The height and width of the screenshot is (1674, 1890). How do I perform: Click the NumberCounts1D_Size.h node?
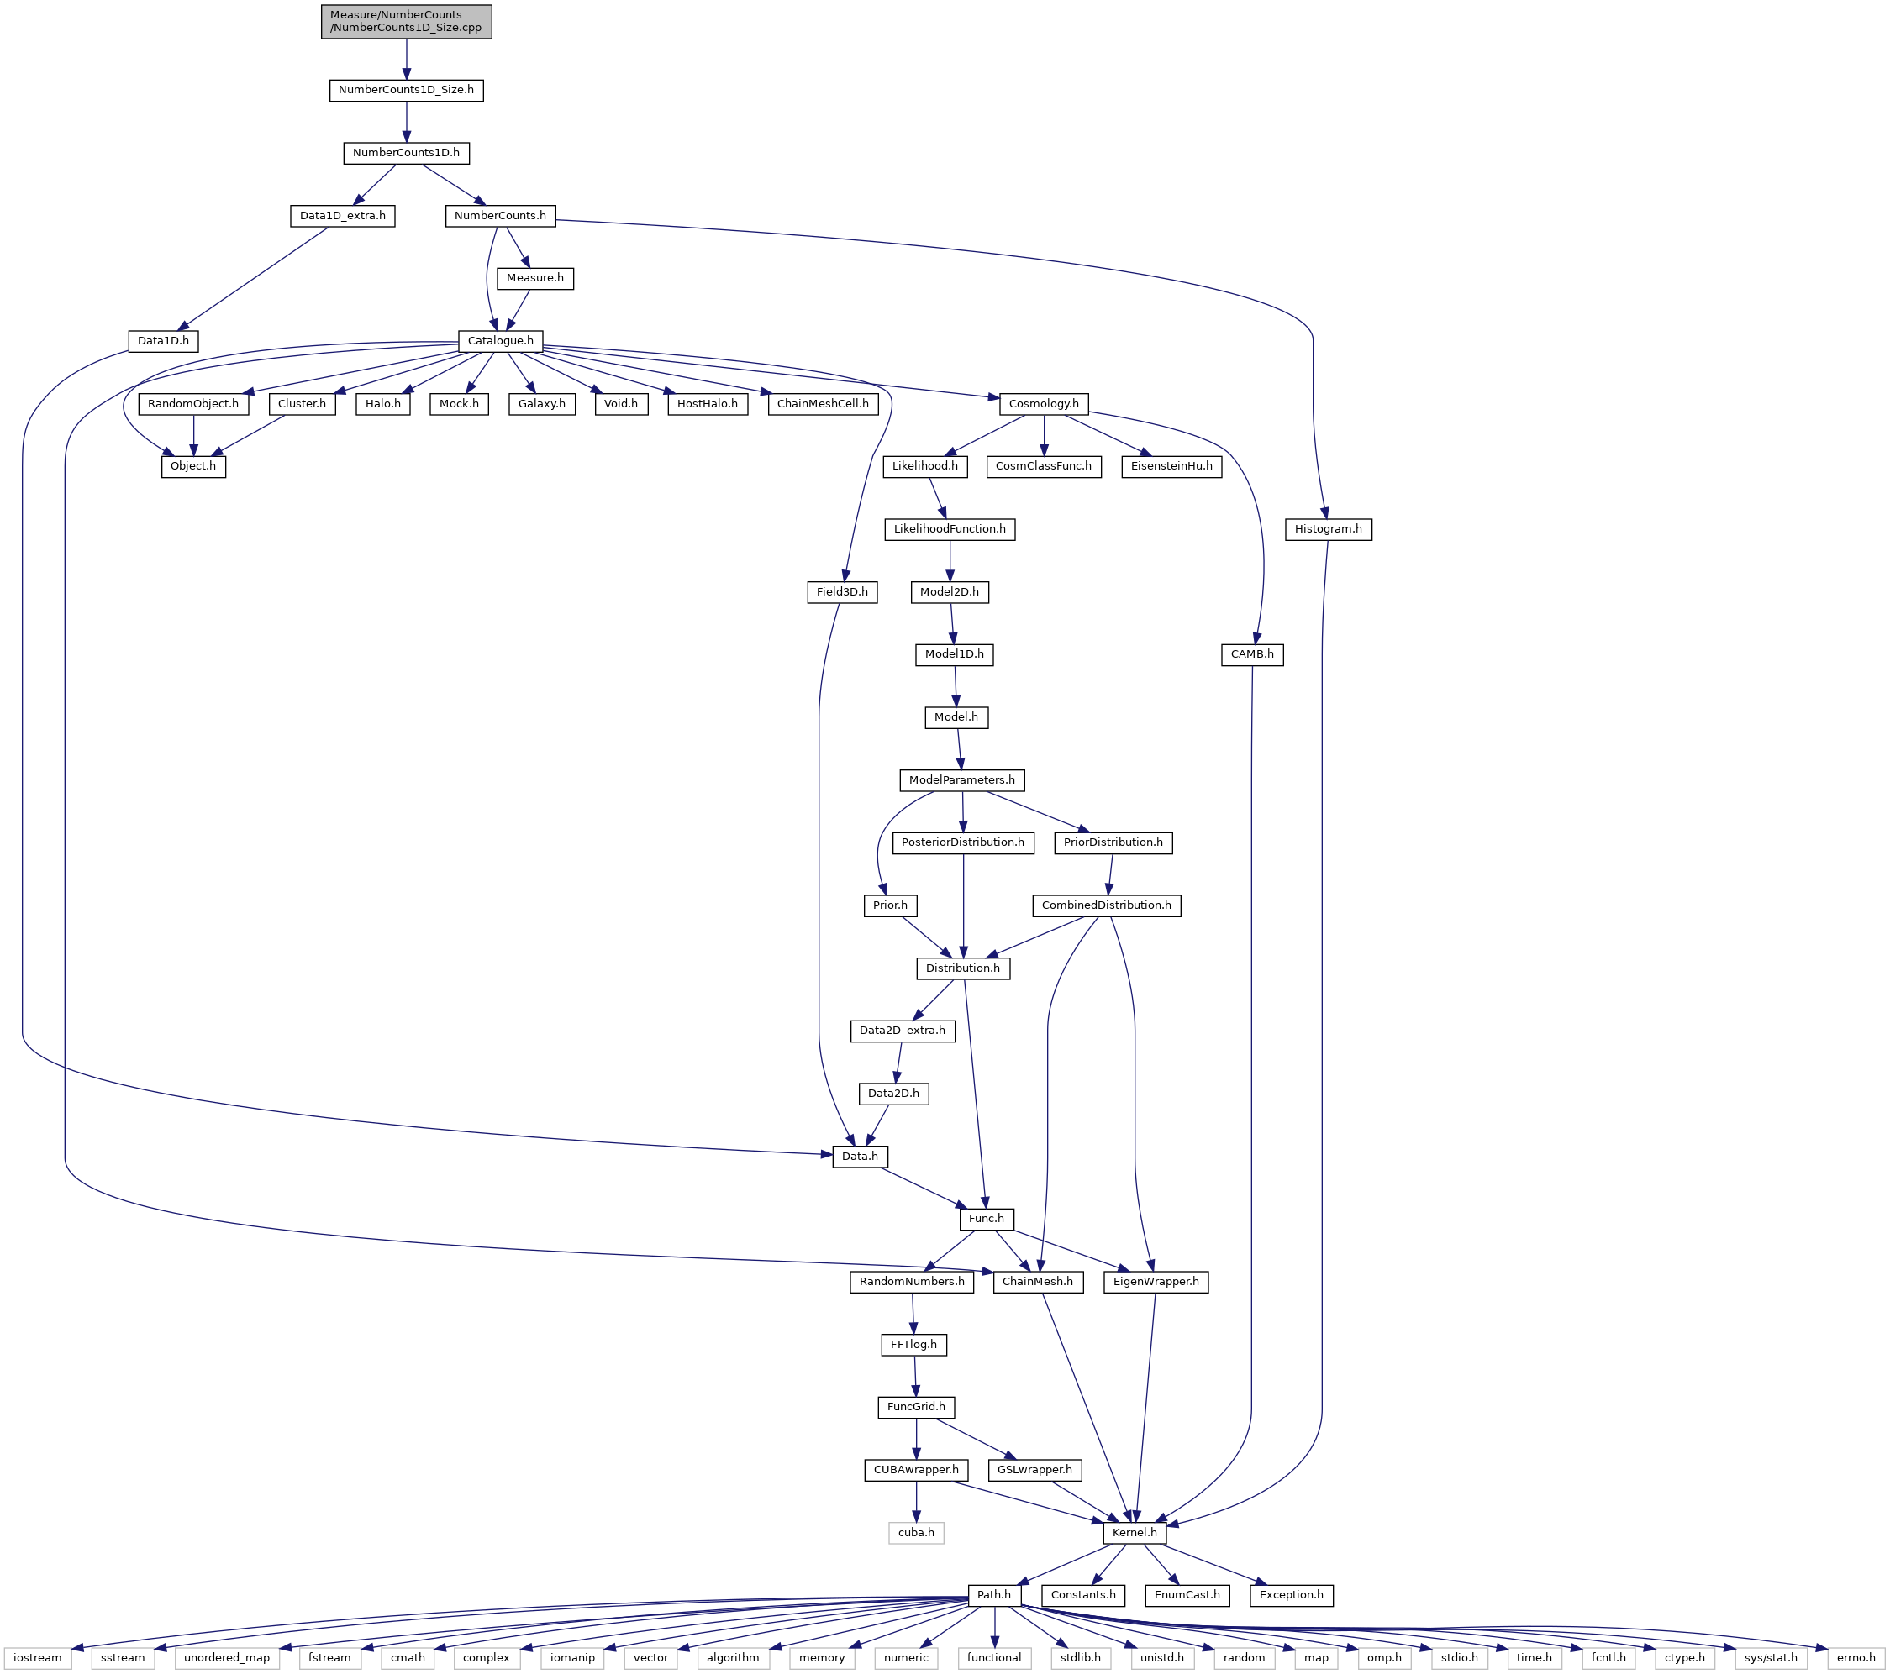[406, 91]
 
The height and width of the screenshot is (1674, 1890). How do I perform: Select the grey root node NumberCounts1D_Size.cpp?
[406, 21]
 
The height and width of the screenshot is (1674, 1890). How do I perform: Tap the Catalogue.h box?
[500, 341]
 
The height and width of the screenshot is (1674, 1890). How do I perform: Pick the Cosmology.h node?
[1043, 404]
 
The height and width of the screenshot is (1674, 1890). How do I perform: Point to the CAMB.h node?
[1252, 654]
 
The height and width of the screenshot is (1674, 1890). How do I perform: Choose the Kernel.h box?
[1135, 1533]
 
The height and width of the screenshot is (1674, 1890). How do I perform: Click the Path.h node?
[994, 1594]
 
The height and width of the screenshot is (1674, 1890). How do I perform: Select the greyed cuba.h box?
[916, 1533]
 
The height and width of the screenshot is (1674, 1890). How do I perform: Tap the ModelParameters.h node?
[961, 780]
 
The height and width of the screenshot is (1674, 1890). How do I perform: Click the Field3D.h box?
[842, 591]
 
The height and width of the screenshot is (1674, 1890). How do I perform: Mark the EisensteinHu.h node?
[1171, 467]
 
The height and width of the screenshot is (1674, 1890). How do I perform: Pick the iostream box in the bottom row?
[38, 1657]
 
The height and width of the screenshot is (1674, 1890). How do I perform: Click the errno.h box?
[1856, 1657]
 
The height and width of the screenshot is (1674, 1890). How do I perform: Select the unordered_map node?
[227, 1657]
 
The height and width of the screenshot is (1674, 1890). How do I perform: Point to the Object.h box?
[193, 467]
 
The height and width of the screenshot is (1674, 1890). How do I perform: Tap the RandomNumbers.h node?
[912, 1282]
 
